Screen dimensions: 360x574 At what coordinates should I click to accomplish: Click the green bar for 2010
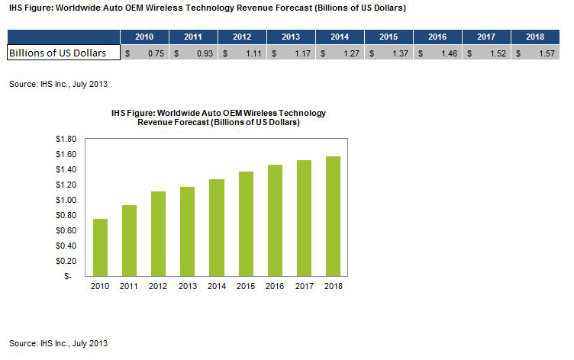tap(101, 247)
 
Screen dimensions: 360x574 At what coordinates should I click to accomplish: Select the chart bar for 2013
tap(188, 231)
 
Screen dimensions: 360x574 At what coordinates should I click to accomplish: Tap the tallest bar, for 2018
tap(333, 216)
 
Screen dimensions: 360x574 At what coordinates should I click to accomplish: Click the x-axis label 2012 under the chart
tap(159, 287)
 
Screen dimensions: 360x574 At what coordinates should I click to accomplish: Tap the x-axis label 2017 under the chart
tap(304, 287)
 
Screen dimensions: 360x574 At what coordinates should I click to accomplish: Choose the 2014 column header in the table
tap(340, 37)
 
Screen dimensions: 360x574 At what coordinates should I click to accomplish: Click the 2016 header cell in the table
tap(437, 37)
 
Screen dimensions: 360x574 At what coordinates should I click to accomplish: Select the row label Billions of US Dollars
tap(64, 53)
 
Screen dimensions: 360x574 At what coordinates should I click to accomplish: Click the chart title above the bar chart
tap(218, 117)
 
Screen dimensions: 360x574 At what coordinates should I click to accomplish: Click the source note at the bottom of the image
tap(58, 343)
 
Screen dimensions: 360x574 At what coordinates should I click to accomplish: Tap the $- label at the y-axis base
tap(68, 276)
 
